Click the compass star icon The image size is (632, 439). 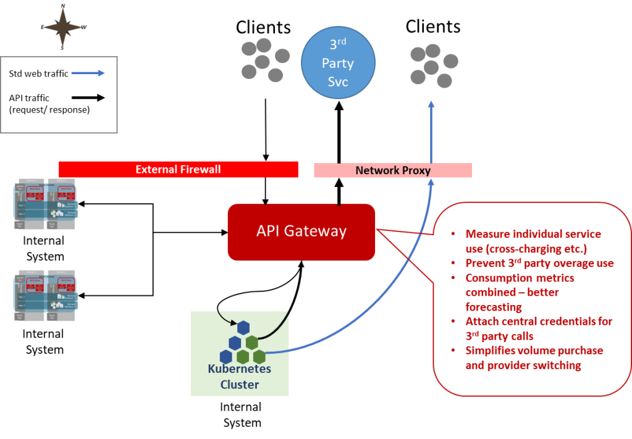coord(63,27)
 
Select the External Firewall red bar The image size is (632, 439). coord(178,169)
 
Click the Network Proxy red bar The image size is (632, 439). coord(393,170)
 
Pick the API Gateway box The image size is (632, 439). coord(301,232)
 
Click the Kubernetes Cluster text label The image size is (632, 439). coord(240,377)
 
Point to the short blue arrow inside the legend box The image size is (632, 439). coord(88,73)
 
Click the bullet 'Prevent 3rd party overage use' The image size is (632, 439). coord(539,263)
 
